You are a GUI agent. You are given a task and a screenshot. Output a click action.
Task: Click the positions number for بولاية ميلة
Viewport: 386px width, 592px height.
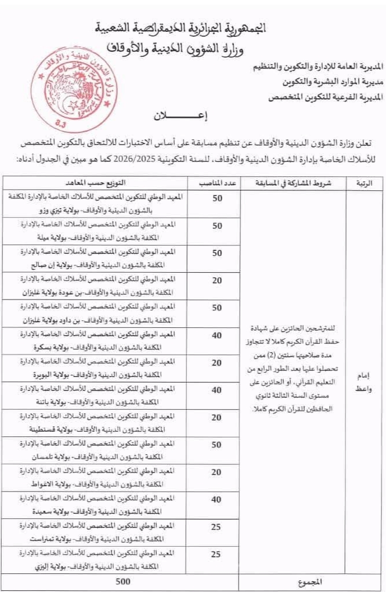point(217,225)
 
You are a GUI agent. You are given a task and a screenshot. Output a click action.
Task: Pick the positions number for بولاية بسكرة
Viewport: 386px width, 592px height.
point(217,335)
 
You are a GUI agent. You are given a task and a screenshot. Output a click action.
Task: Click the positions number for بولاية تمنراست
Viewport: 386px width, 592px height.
point(217,527)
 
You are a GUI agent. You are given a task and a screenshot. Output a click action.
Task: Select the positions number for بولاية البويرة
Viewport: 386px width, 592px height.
point(217,363)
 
